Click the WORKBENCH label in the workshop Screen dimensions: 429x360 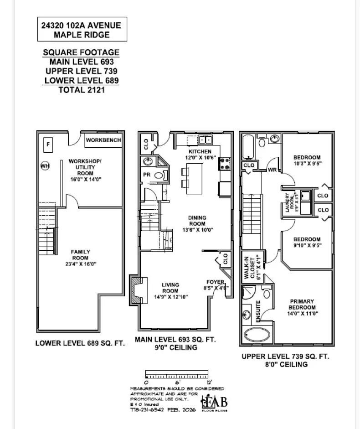point(103,140)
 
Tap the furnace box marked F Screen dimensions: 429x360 point(47,145)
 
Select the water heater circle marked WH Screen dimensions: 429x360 point(45,166)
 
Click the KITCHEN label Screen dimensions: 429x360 point(200,151)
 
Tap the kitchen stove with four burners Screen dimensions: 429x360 point(225,163)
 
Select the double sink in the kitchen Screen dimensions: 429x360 point(205,140)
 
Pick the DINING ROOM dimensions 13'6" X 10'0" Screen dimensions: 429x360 point(197,230)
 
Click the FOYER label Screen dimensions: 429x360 point(215,282)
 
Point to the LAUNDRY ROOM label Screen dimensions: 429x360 point(288,202)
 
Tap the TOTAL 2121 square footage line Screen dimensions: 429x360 point(82,90)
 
